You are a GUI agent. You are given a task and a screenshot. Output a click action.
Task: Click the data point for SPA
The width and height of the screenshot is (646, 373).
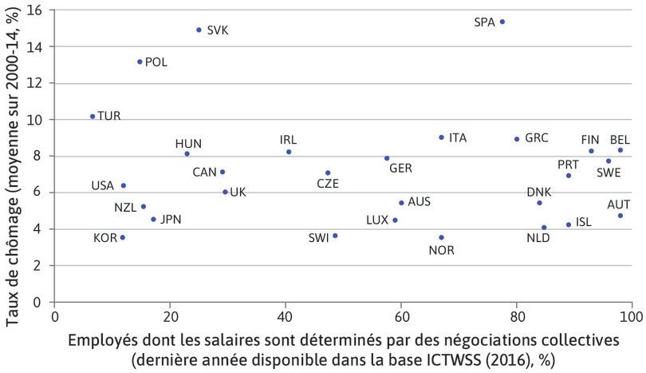502,22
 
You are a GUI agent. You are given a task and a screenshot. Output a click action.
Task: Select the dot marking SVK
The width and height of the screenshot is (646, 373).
199,30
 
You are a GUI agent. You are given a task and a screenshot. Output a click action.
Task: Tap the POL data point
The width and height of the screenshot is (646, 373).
140,62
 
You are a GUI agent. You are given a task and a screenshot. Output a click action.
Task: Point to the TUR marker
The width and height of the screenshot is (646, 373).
93,116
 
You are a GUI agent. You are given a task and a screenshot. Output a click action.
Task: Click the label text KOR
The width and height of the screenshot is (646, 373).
104,237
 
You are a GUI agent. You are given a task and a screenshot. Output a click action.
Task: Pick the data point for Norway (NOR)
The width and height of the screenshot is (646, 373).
441,237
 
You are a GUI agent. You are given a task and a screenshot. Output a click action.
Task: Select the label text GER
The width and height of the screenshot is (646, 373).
400,169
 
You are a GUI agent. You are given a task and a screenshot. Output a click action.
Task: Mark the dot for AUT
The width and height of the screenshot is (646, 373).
620,216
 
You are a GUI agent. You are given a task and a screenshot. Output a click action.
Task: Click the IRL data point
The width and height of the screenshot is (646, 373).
289,152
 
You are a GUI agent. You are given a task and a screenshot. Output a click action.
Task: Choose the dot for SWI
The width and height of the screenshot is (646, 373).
335,236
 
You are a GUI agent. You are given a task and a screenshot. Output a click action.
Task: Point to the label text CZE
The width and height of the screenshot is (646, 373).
328,183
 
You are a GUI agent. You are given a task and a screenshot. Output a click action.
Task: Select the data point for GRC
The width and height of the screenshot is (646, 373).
517,139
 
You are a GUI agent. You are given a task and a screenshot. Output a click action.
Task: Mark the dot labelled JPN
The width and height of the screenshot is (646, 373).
153,219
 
